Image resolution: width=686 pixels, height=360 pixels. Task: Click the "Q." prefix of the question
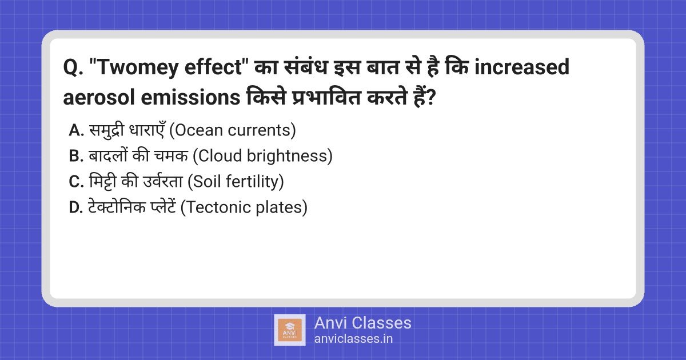pyautogui.click(x=73, y=68)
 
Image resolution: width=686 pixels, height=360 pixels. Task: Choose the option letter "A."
pyautogui.click(x=77, y=130)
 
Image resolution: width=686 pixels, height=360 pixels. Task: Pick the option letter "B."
pyautogui.click(x=77, y=156)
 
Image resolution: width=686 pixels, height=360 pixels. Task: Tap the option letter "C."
pyautogui.click(x=77, y=182)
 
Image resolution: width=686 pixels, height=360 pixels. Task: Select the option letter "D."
pyautogui.click(x=77, y=207)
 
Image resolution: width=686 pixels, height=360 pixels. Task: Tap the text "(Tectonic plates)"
pyautogui.click(x=244, y=207)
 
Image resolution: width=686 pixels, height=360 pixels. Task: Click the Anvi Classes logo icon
pyautogui.click(x=290, y=330)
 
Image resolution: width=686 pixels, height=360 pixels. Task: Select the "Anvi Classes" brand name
pyautogui.click(x=362, y=323)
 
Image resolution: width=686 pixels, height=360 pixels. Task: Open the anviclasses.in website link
pyautogui.click(x=353, y=338)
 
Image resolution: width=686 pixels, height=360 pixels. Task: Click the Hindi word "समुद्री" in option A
pyautogui.click(x=107, y=130)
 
